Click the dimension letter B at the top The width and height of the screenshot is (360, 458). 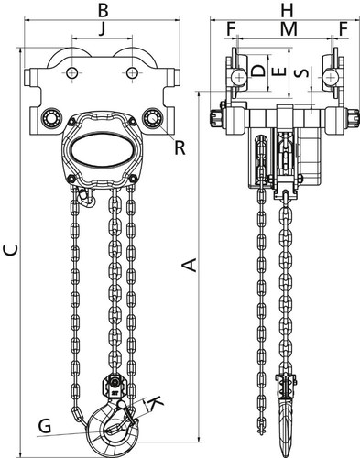point(103,10)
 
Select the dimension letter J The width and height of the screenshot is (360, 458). point(103,29)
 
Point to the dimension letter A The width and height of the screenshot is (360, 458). point(190,265)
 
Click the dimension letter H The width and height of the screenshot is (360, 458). point(288,10)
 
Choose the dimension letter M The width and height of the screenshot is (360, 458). point(289,29)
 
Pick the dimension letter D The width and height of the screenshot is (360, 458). point(258,71)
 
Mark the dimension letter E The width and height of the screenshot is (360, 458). point(278,71)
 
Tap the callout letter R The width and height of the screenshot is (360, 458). point(180,147)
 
